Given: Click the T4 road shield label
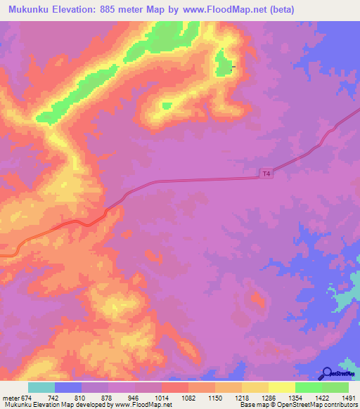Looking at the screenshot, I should click(x=265, y=173).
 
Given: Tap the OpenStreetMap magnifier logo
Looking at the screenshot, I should click(x=328, y=374).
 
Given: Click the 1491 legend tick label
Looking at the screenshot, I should click(x=348, y=398).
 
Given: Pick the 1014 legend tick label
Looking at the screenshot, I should click(x=161, y=398).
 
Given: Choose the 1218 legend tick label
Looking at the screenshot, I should click(x=241, y=398).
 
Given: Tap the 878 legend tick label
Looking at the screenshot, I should click(x=108, y=398).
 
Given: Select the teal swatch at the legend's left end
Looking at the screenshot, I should click(x=41, y=387).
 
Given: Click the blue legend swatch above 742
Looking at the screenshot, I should click(x=67, y=387).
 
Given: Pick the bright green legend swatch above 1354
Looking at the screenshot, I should click(x=308, y=387).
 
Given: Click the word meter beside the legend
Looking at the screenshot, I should click(x=10, y=398).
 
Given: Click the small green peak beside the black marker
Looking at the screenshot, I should click(x=224, y=64).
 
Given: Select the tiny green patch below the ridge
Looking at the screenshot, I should click(x=167, y=106).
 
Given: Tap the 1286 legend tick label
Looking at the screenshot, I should click(x=268, y=398).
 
